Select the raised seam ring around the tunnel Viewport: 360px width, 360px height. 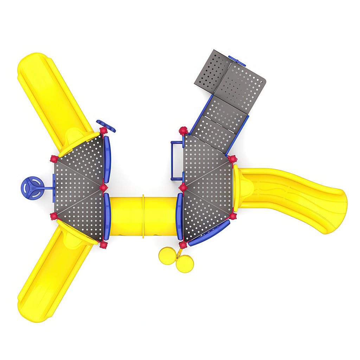click(143, 217)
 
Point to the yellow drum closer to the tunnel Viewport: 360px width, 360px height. click(167, 256)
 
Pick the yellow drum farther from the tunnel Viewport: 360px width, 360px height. click(185, 264)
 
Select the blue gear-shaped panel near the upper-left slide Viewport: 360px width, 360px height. click(106, 126)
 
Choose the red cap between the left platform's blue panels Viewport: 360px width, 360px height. click(103, 187)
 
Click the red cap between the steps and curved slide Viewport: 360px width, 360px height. click(232, 159)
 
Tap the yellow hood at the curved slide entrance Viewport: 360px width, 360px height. click(243, 186)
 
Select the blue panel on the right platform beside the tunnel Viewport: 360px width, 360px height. click(179, 217)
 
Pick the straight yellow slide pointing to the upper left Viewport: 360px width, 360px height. click(53, 98)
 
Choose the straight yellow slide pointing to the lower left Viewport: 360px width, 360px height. click(53, 278)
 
